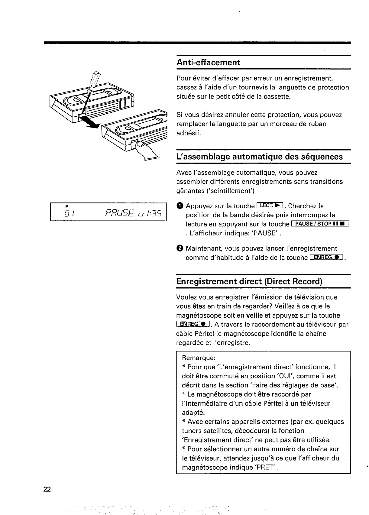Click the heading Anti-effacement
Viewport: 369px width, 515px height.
click(208, 63)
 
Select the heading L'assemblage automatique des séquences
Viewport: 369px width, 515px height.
click(259, 157)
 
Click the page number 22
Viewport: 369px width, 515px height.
click(47, 490)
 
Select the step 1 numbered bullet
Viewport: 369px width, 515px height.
click(180, 206)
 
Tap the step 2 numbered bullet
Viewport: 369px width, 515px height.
click(180, 249)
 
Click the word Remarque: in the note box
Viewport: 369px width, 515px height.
click(199, 358)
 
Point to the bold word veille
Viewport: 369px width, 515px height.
click(254, 316)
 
